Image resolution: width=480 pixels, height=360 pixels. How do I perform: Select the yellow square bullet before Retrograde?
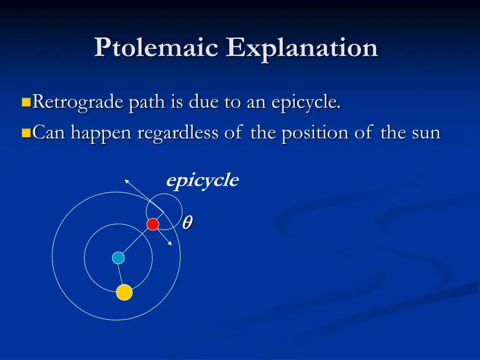26,102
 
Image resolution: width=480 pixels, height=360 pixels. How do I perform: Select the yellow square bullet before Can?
26,134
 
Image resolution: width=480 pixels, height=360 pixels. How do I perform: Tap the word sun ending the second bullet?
426,134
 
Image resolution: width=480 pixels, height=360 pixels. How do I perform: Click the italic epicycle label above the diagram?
202,180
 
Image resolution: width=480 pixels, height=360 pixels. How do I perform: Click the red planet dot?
153,225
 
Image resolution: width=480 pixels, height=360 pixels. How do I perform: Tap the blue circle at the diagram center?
119,258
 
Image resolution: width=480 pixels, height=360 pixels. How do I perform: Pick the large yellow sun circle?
124,292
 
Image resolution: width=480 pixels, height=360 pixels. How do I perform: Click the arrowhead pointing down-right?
170,244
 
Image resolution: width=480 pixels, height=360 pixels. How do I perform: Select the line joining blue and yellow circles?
121,274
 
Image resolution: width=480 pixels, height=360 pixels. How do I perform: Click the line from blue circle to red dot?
135,241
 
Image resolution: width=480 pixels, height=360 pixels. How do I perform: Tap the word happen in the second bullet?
102,134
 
